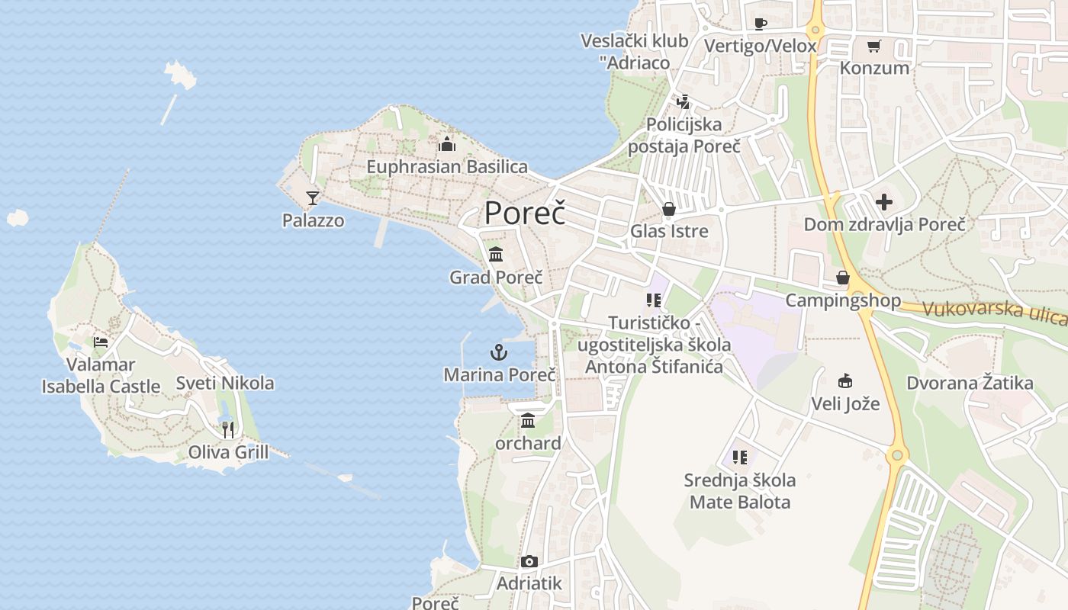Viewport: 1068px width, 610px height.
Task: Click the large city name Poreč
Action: pyautogui.click(x=525, y=213)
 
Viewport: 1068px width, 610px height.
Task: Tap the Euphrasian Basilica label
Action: pyautogui.click(x=447, y=166)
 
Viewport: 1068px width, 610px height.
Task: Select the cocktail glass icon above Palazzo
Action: pyautogui.click(x=312, y=198)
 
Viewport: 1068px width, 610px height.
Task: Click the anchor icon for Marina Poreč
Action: pyautogui.click(x=498, y=352)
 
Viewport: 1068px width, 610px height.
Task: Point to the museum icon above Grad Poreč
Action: pyautogui.click(x=496, y=254)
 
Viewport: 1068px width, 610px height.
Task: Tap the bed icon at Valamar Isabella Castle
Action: pyautogui.click(x=100, y=342)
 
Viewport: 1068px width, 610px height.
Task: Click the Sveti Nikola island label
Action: pyautogui.click(x=225, y=383)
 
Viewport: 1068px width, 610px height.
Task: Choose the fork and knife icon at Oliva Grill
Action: pyautogui.click(x=228, y=430)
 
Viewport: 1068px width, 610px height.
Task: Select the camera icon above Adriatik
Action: pyautogui.click(x=529, y=562)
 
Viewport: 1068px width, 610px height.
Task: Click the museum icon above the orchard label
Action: pyautogui.click(x=528, y=420)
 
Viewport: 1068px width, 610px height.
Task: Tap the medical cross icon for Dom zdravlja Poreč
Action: pyautogui.click(x=884, y=202)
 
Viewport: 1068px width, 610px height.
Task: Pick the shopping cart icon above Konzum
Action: pyautogui.click(x=874, y=46)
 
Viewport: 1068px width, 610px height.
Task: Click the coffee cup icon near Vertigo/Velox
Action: pyautogui.click(x=761, y=24)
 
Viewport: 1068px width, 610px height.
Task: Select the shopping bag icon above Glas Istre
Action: pyautogui.click(x=669, y=209)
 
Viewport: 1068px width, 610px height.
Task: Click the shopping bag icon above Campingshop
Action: pyautogui.click(x=843, y=278)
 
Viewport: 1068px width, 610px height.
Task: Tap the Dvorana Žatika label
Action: pyautogui.click(x=970, y=383)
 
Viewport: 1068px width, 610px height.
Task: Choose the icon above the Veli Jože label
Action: pyautogui.click(x=845, y=381)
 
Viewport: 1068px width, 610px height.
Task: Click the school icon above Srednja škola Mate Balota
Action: pyautogui.click(x=739, y=457)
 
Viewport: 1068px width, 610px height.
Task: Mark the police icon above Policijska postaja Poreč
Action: pyautogui.click(x=684, y=101)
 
